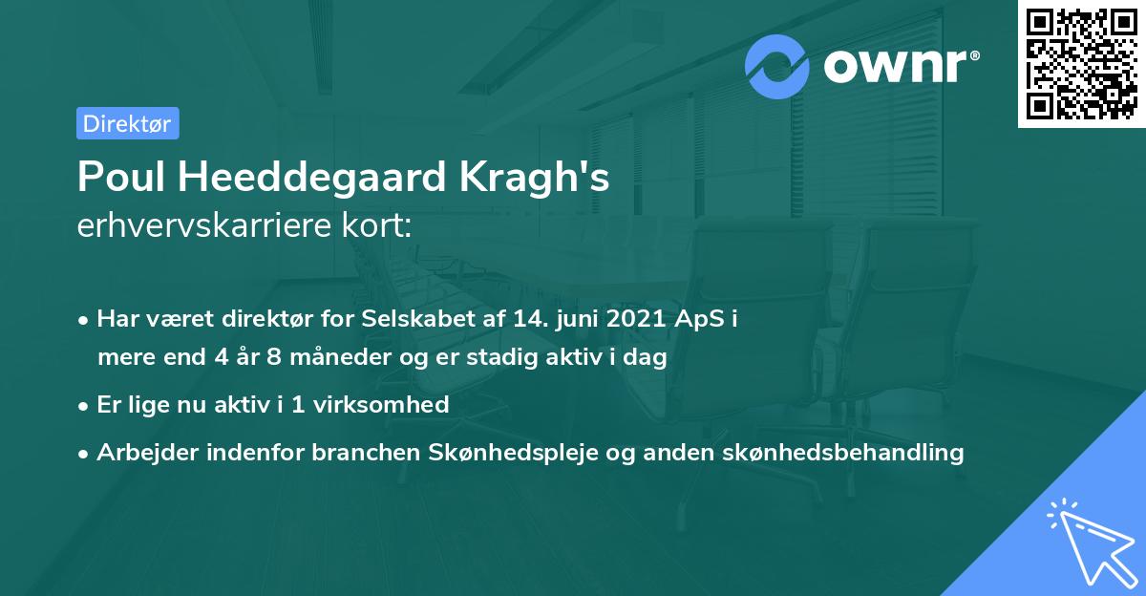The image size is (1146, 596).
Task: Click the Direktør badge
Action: [x=127, y=123]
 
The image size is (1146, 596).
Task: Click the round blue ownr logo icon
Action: [x=777, y=66]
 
